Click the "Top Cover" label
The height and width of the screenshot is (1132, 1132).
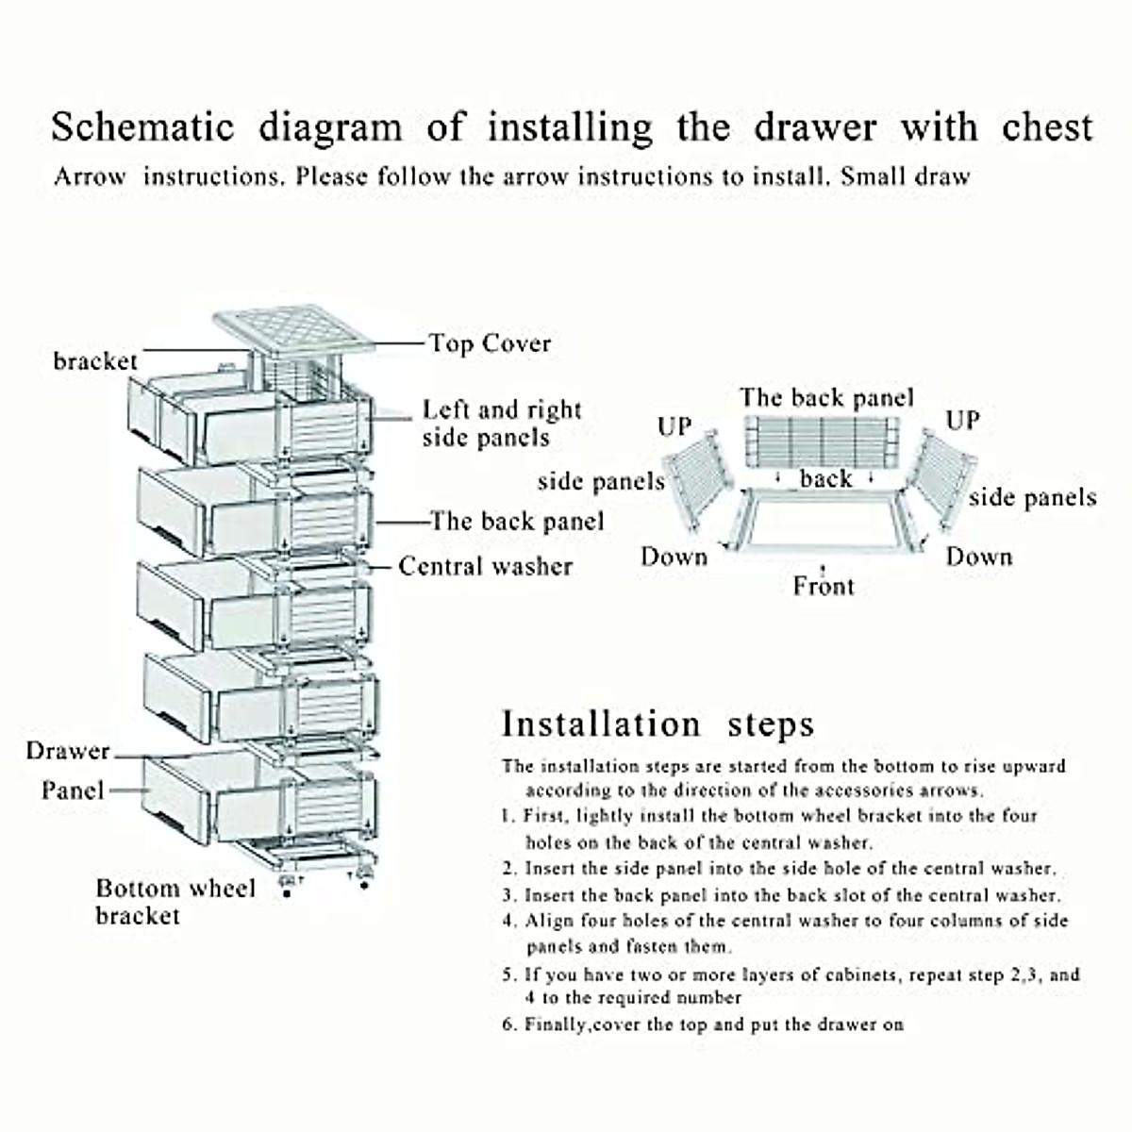(490, 343)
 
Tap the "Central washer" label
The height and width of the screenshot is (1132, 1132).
(485, 566)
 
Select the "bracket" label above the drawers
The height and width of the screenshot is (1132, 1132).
(94, 361)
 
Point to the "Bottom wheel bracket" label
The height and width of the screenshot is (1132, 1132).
(175, 902)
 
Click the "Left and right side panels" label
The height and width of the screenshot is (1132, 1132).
(501, 424)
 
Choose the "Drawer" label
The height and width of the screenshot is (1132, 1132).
(68, 752)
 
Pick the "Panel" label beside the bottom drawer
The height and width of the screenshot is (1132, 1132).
(72, 791)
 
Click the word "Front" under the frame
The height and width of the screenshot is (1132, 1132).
(823, 587)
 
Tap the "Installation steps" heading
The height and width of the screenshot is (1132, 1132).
(658, 724)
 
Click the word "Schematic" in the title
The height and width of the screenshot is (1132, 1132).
(141, 127)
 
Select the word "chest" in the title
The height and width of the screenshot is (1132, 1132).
(1047, 127)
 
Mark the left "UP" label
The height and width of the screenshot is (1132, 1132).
(674, 426)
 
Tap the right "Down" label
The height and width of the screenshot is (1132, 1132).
(979, 557)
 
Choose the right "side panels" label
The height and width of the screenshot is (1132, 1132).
(1032, 498)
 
